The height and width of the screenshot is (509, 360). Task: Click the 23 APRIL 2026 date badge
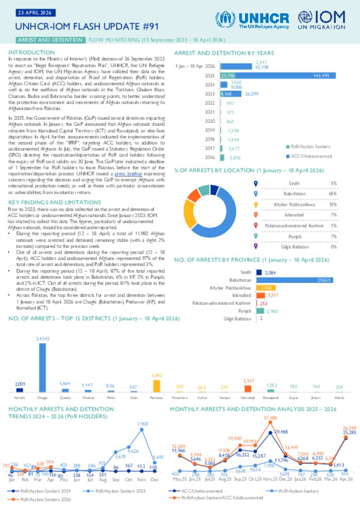coord(35,13)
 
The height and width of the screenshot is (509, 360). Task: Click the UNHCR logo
coord(252,20)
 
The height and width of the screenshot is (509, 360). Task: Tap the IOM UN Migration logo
coord(321,20)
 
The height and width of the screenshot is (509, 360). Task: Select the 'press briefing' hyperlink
coord(128,174)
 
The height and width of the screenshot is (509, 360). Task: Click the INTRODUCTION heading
coord(31,52)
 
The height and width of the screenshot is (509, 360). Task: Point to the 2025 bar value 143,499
coord(321,76)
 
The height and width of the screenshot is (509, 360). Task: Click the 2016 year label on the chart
coord(210,157)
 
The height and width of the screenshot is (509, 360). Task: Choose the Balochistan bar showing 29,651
coord(295,280)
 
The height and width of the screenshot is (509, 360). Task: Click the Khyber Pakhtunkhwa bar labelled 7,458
coord(266,288)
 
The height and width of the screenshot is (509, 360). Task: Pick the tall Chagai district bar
coord(43,367)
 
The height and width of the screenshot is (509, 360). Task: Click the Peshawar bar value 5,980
coord(157,376)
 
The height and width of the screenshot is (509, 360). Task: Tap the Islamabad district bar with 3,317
coord(248,389)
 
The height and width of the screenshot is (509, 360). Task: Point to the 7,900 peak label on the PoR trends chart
coord(142,424)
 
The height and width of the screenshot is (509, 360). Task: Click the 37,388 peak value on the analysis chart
coord(270,418)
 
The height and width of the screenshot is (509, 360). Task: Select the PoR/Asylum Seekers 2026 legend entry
coord(45,499)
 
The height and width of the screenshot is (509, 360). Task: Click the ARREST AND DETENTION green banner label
coord(50,40)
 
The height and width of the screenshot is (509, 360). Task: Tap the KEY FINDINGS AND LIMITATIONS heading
coord(54,202)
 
